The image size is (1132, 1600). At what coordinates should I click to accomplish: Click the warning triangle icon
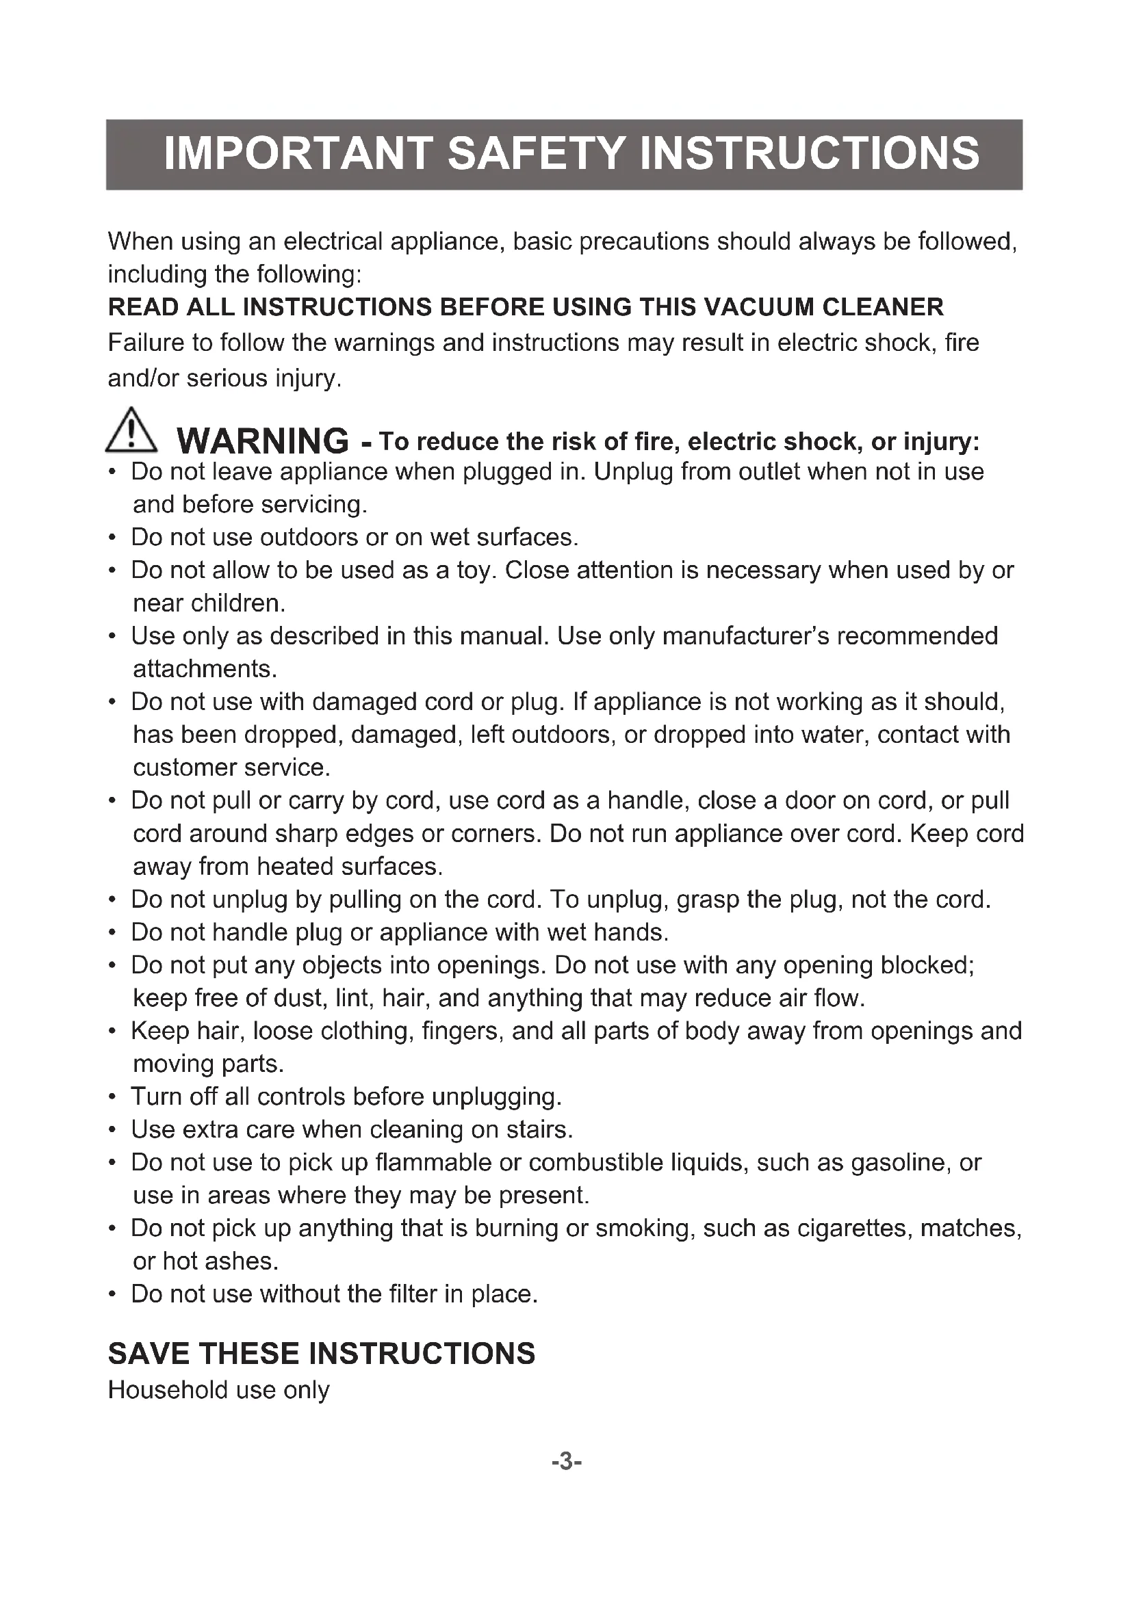[131, 430]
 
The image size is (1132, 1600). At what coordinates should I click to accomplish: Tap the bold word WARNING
[263, 441]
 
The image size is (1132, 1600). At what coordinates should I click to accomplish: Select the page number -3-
[566, 1460]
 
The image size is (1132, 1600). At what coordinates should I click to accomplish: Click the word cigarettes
[854, 1229]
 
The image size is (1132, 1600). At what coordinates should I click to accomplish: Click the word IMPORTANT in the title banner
[296, 154]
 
